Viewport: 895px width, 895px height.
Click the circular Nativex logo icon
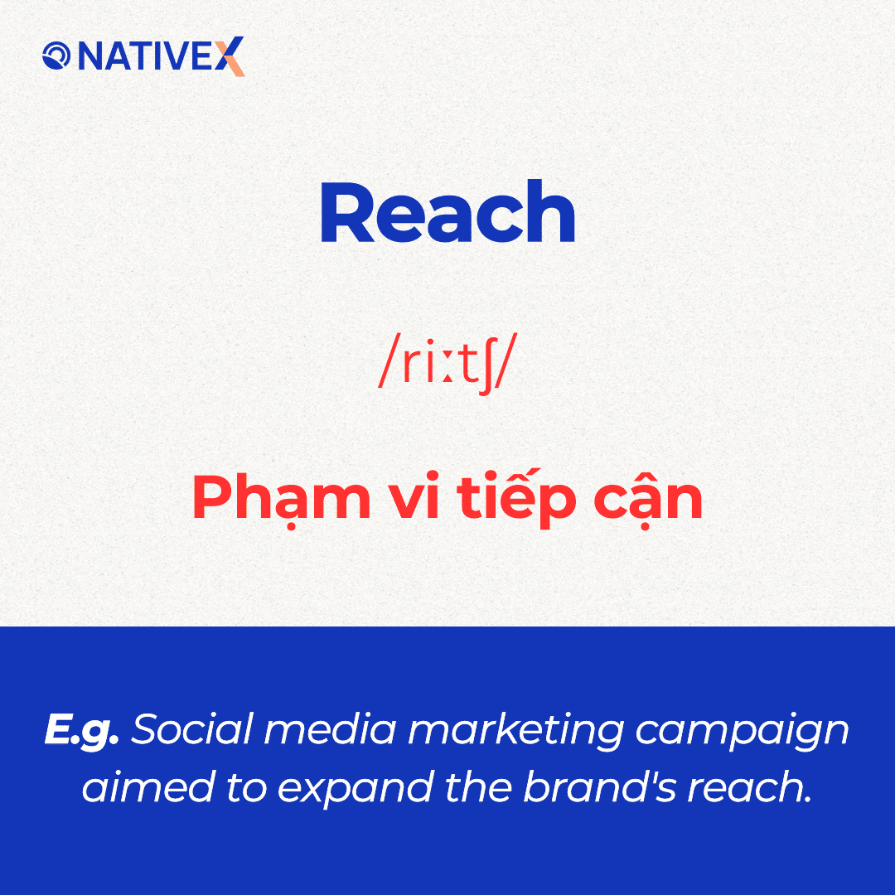(56, 56)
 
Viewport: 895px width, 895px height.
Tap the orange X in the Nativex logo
(230, 56)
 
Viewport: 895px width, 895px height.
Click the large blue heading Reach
(447, 212)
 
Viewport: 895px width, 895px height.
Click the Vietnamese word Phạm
(282, 498)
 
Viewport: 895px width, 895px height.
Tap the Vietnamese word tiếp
(516, 498)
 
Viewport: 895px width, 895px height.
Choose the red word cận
(648, 498)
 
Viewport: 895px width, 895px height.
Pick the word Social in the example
(192, 729)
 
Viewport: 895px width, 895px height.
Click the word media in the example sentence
(330, 729)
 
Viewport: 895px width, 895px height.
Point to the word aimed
(148, 787)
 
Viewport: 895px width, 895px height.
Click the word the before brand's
(478, 787)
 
